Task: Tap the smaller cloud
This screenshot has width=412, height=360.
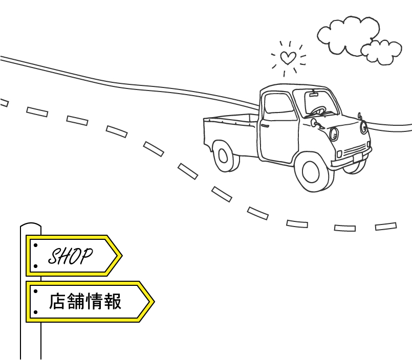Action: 381,52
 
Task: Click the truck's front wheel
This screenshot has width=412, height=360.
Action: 312,172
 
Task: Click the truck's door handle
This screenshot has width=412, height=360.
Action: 265,125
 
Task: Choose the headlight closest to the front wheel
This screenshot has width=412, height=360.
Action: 334,134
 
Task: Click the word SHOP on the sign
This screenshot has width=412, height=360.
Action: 70,256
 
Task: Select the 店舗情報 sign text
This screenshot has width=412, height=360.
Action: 85,302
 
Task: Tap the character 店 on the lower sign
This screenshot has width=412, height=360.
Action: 57,302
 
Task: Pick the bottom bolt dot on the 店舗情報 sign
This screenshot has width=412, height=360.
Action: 35,311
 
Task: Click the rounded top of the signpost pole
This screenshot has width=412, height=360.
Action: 31,225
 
